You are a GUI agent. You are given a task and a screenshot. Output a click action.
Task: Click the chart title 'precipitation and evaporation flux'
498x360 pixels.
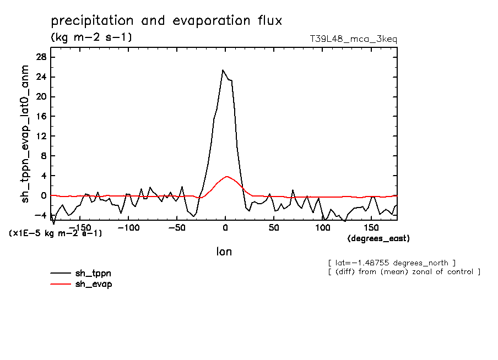coord(166,21)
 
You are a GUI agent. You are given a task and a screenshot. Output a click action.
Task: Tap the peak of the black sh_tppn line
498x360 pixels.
coord(223,70)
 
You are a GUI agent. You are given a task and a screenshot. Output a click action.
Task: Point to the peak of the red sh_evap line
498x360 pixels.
coord(226,177)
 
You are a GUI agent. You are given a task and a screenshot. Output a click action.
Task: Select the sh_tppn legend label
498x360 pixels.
coord(94,273)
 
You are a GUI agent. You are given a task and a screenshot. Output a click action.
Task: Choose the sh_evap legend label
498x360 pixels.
coord(94,284)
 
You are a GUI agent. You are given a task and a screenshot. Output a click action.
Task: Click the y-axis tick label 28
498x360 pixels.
coord(41,57)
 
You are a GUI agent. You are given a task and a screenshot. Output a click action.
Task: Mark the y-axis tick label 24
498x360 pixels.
coord(41,77)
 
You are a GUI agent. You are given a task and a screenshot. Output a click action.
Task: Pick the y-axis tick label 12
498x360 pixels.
coord(41,137)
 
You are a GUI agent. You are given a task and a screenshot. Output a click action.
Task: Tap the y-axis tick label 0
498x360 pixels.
coord(44,196)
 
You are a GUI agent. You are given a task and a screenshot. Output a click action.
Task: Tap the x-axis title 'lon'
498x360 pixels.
coord(224,252)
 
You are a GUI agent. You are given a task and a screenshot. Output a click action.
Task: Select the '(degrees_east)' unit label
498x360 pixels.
coord(378,238)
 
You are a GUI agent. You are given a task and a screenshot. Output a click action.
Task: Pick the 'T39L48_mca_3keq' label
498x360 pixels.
coord(353,39)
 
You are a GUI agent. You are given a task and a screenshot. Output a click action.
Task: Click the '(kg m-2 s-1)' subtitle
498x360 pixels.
coord(91,37)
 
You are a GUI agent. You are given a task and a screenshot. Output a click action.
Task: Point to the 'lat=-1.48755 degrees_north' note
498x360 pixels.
coord(391,263)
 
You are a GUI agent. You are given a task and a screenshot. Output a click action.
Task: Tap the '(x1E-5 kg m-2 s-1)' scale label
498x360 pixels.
coord(56,233)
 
